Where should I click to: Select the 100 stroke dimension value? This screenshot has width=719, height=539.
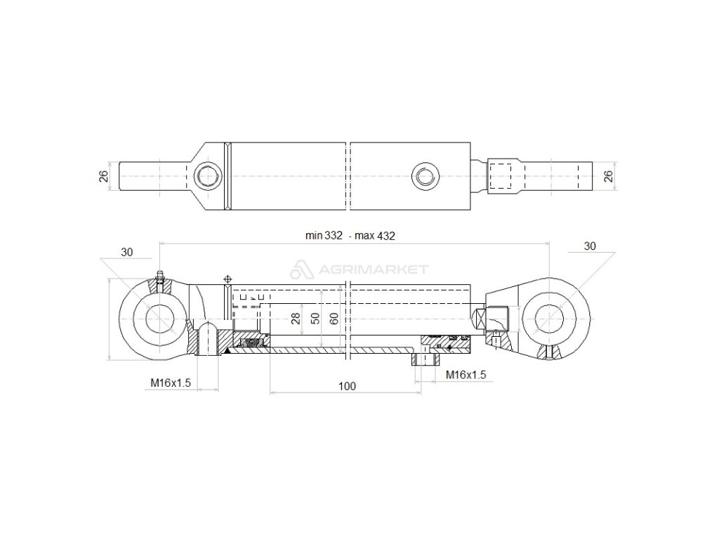(x=346, y=386)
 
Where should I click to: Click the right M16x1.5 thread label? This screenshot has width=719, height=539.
(x=466, y=375)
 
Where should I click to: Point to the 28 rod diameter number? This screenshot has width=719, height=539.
(x=296, y=319)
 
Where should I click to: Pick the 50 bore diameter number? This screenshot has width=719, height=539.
(x=315, y=319)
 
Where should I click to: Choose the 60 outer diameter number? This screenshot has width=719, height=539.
(x=334, y=319)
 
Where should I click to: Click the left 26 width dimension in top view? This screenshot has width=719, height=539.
(x=104, y=176)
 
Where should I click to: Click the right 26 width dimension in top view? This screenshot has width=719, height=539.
(x=609, y=175)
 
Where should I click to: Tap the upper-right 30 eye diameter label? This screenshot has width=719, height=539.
(x=589, y=246)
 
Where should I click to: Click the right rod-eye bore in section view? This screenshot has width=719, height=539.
(x=550, y=319)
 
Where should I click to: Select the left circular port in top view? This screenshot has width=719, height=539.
(x=208, y=175)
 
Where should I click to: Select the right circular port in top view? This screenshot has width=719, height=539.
(x=424, y=175)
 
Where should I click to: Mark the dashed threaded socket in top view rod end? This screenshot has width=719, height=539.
(x=499, y=177)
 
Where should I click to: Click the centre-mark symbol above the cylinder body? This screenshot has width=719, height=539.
(x=227, y=280)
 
